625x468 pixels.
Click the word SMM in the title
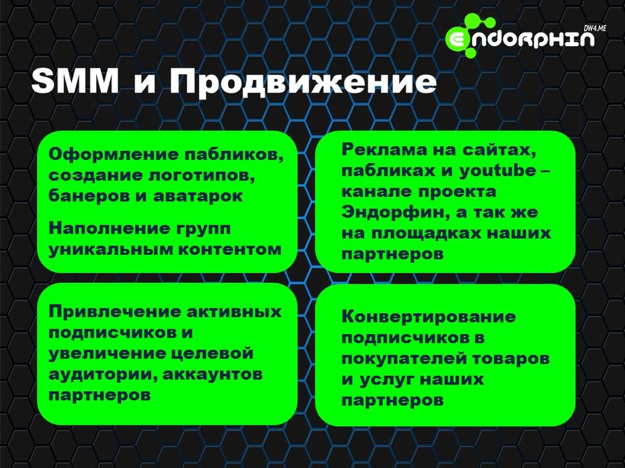pos(74,82)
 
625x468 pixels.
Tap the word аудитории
pos(100,375)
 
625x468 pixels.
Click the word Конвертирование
pos(428,316)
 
